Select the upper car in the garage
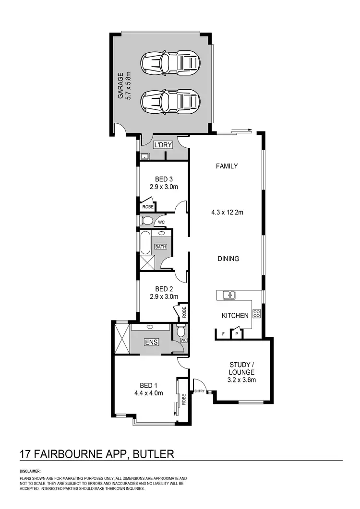coord(170,62)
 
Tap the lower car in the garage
coord(170,101)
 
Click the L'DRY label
coord(160,144)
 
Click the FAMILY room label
coord(227,166)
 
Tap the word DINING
coord(228,259)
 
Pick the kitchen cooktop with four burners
coord(256,314)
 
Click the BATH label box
coord(160,247)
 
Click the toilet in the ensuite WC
coord(181,331)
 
